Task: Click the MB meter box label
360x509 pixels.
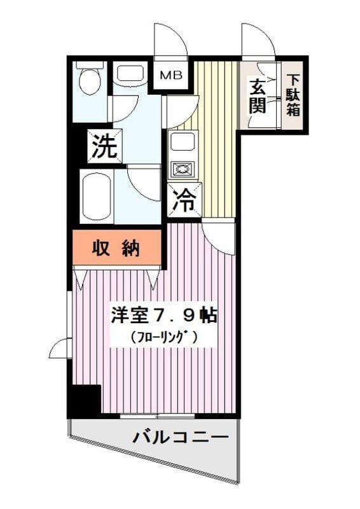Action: click(170, 76)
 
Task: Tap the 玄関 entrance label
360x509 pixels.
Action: click(257, 95)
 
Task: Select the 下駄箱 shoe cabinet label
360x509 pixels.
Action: click(293, 95)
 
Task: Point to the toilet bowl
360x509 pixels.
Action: click(90, 81)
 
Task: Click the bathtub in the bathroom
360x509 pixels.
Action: click(96, 195)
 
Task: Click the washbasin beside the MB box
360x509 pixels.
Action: click(131, 73)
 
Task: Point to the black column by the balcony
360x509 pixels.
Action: click(85, 400)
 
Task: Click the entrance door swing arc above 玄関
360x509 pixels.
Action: click(258, 41)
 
